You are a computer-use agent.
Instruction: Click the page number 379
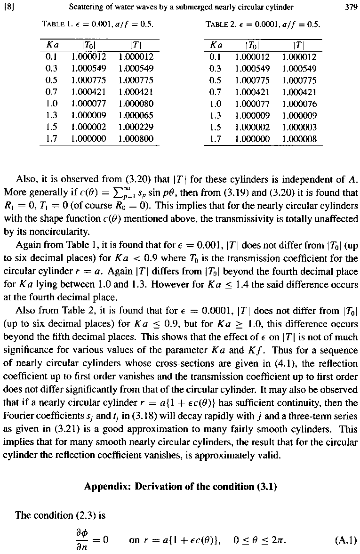[351, 7]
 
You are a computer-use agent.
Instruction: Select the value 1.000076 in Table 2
[300, 104]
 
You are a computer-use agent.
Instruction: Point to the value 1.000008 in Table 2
[300, 139]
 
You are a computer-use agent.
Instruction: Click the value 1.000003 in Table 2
[300, 127]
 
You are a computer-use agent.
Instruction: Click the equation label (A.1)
[347, 540]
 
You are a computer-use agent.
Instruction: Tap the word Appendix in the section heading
[107, 487]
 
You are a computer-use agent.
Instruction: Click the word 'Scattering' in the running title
[87, 7]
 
